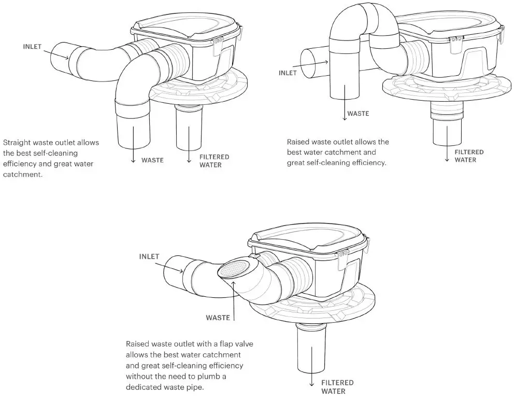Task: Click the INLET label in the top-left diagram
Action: [33, 46]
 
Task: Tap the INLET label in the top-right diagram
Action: [288, 73]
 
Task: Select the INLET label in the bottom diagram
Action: [149, 256]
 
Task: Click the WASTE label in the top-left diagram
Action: [152, 160]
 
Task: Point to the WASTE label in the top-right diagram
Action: [358, 113]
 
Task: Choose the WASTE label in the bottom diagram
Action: [218, 317]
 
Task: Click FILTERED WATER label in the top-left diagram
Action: [214, 161]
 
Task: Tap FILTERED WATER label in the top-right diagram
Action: [469, 156]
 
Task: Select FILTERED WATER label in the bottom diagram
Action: [337, 387]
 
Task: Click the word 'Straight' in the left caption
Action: [17, 142]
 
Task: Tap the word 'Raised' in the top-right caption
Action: [298, 142]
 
